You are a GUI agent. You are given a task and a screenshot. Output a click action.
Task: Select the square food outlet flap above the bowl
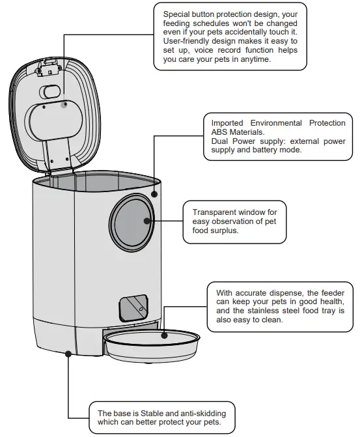click(x=134, y=306)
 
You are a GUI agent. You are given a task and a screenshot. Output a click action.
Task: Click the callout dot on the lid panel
click(x=64, y=104)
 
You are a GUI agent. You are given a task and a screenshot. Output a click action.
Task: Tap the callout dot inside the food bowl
click(x=165, y=336)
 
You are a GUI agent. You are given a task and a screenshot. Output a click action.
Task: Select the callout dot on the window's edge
click(x=148, y=221)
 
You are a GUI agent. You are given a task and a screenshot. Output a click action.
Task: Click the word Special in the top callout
click(x=178, y=13)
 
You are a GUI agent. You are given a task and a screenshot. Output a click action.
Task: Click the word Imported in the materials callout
click(x=227, y=122)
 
